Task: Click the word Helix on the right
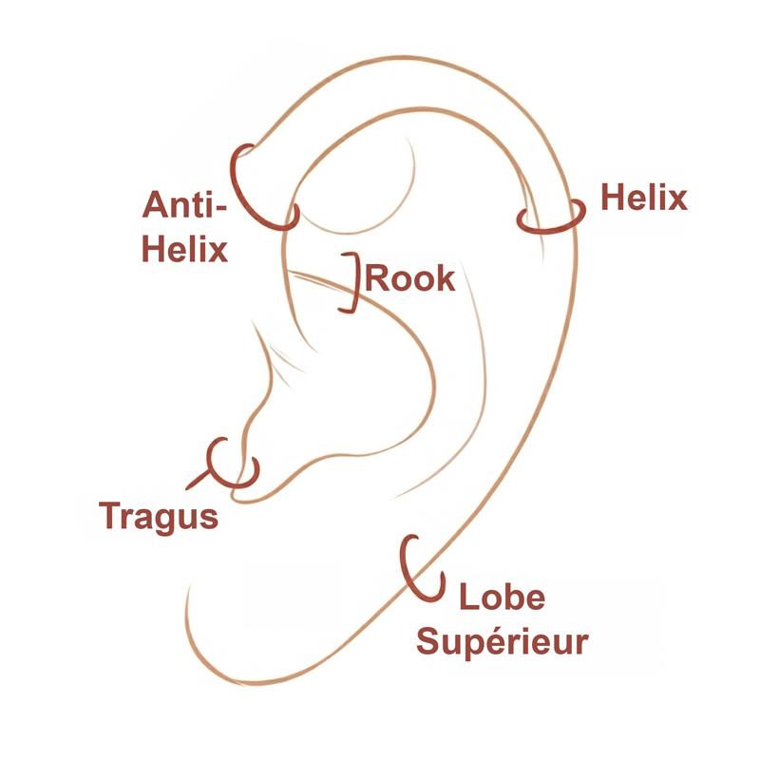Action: point(644,198)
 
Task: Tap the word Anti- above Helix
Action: point(184,204)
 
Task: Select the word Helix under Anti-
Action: point(184,249)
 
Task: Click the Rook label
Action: point(410,278)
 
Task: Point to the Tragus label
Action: point(159,517)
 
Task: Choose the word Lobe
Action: point(503,597)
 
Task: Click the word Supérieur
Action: point(503,642)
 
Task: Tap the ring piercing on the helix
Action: point(550,228)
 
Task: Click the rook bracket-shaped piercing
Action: point(358,282)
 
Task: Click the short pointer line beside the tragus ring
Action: point(198,479)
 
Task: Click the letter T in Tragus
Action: point(109,515)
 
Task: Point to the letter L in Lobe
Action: point(468,597)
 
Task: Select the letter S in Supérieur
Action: point(427,640)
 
